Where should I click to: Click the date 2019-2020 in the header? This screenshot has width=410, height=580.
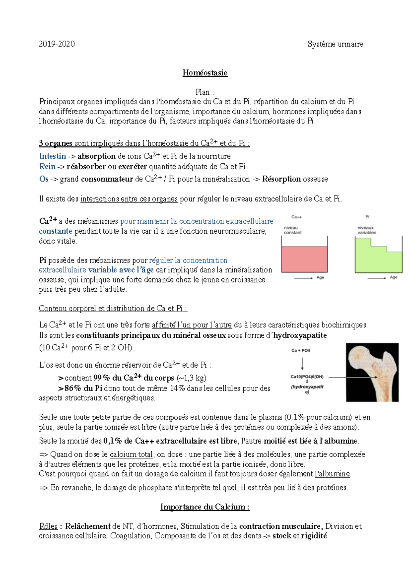click(57, 44)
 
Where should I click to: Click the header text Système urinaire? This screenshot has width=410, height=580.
click(335, 44)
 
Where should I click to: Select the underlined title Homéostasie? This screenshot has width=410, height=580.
click(205, 73)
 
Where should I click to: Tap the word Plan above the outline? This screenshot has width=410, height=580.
click(203, 92)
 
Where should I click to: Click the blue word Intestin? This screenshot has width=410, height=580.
click(53, 156)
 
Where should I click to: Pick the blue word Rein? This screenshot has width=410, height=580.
click(47, 167)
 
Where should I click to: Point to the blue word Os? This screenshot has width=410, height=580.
click(44, 179)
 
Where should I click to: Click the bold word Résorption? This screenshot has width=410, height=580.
click(281, 179)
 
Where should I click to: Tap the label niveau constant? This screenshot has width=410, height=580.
click(292, 230)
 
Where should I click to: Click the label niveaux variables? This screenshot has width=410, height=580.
click(367, 230)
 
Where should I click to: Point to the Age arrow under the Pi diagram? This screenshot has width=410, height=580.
click(377, 278)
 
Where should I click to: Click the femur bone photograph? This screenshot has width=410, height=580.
click(372, 372)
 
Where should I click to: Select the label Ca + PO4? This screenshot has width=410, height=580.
click(301, 350)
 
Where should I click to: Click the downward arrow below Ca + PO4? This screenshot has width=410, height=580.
click(302, 364)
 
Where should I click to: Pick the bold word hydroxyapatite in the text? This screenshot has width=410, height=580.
click(300, 335)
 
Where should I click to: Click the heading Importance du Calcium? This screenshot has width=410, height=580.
click(205, 507)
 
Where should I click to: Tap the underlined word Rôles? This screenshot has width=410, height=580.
click(48, 526)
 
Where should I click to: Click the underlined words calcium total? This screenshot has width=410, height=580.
click(132, 455)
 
